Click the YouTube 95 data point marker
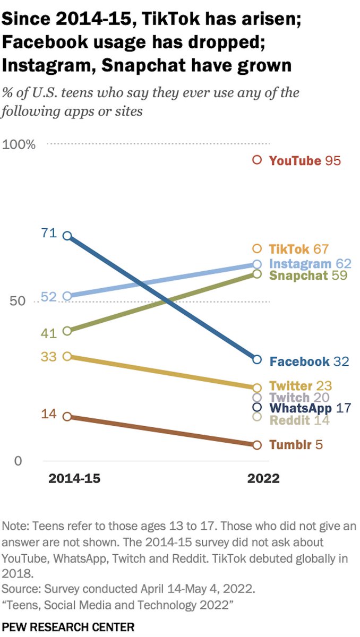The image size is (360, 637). tap(257, 160)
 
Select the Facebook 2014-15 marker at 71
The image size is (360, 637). tap(67, 236)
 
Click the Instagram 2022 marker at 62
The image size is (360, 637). tap(257, 264)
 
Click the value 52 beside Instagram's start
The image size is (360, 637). tap(48, 297)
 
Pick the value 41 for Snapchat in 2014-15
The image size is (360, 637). tap(48, 334)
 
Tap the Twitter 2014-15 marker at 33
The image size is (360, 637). tap(67, 356)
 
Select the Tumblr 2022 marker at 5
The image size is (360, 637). tap(257, 445)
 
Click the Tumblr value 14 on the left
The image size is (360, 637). tap(48, 414)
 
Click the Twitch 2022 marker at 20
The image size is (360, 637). tap(257, 398)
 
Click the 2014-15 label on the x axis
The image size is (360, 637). tap(74, 479)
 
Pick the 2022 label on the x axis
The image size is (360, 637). tap(263, 479)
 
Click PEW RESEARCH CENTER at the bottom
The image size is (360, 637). tap(68, 627)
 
